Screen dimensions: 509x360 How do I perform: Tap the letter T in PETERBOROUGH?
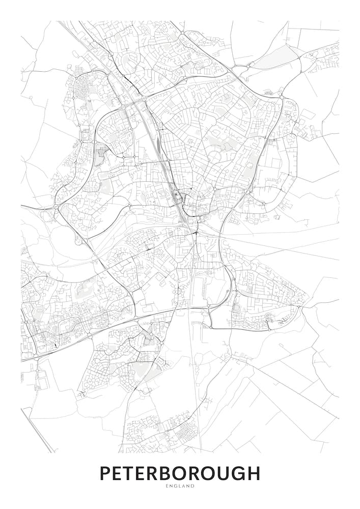(132, 473)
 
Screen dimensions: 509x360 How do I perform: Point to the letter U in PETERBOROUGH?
(220, 473)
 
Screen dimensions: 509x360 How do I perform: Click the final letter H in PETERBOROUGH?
(253, 473)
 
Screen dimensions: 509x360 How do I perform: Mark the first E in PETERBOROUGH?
(119, 473)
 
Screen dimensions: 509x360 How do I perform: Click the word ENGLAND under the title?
(180, 487)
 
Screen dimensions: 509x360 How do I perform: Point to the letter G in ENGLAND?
(176, 487)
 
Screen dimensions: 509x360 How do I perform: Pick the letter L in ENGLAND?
(180, 487)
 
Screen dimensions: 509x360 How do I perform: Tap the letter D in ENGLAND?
(192, 487)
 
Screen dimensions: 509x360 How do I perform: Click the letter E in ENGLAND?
(167, 487)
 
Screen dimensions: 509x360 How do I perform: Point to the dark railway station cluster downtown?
(176, 196)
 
